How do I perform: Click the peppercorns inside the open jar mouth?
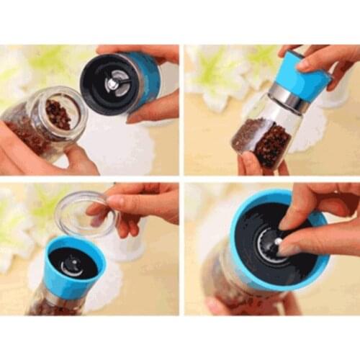coord(58,114)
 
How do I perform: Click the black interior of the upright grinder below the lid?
coord(72,263)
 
